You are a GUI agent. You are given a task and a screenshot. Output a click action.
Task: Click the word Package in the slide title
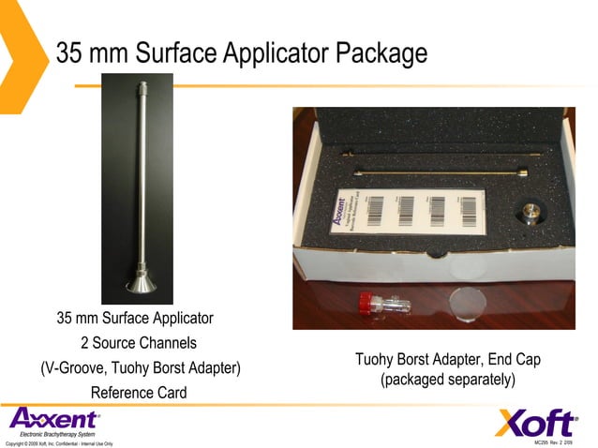(x=383, y=53)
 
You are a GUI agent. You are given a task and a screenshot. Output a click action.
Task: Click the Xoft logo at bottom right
(x=535, y=423)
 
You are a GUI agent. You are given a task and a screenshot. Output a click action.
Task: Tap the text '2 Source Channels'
(x=139, y=343)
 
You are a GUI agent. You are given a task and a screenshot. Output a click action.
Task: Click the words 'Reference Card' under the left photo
(x=139, y=393)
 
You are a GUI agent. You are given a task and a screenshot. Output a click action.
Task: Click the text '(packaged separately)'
(x=448, y=381)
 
